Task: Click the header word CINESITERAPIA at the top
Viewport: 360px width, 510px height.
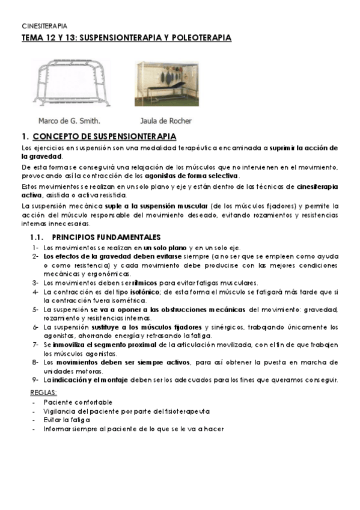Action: click(44, 26)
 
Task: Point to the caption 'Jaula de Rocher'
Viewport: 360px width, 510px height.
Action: click(166, 120)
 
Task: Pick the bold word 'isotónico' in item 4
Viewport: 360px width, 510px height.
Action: click(138, 292)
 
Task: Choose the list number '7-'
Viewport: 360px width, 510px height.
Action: click(35, 345)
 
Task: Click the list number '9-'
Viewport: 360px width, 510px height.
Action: click(35, 379)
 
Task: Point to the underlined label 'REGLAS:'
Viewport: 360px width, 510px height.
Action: click(43, 392)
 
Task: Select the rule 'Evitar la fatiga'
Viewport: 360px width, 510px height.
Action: click(67, 420)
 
